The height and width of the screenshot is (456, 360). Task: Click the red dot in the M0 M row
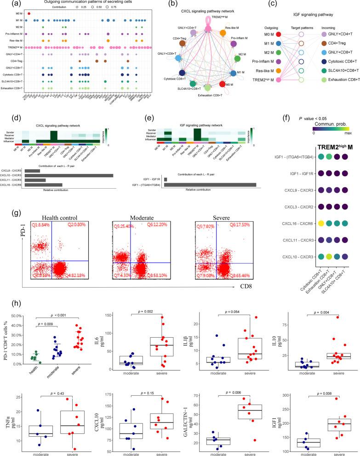[29, 13]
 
